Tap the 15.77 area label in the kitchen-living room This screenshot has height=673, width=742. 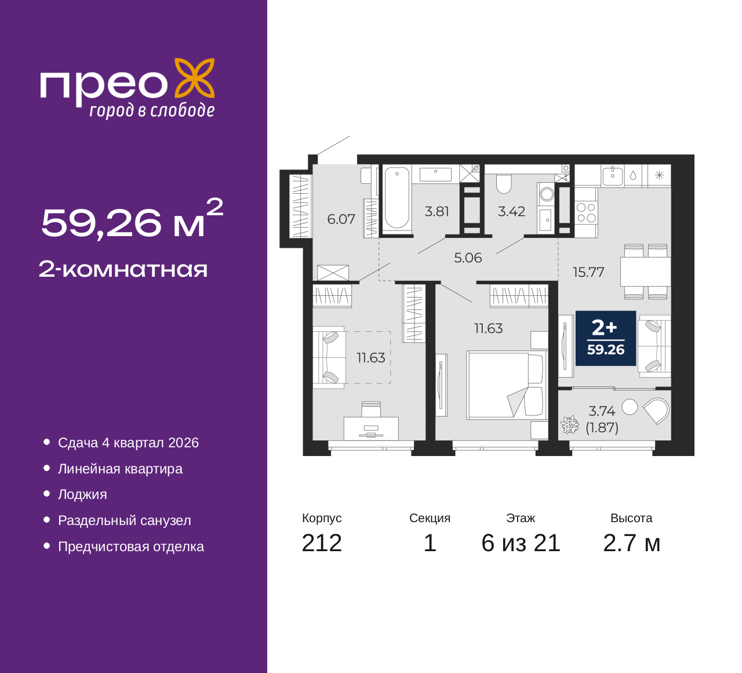click(588, 272)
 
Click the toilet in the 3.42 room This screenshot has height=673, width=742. click(503, 183)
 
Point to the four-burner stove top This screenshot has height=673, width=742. click(586, 212)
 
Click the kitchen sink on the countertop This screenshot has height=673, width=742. click(613, 175)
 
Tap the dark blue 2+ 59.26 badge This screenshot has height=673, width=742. click(606, 338)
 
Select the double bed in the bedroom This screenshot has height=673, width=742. click(507, 385)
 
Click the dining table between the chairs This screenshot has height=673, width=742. click(645, 272)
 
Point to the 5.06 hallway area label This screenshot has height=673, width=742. click(468, 258)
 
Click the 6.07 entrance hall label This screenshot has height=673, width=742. click(341, 219)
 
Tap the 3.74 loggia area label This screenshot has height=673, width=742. click(602, 411)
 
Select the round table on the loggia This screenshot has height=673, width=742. click(630, 407)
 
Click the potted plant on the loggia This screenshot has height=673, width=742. click(569, 424)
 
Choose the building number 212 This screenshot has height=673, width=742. click(322, 543)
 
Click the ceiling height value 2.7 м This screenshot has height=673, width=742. click(631, 543)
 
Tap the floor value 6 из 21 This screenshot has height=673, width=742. click(521, 543)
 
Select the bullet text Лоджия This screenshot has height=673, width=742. click(82, 494)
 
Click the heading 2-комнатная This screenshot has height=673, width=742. click(123, 269)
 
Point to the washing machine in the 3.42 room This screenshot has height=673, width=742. click(546, 194)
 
